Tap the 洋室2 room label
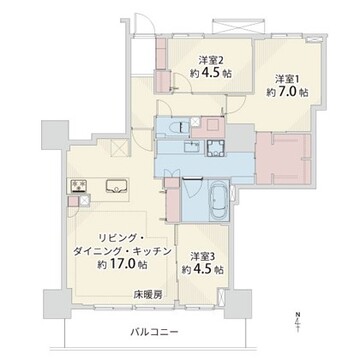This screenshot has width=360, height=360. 211,60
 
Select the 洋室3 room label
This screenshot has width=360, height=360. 202,256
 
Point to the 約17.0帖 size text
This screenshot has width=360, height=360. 123,264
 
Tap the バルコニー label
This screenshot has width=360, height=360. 154,332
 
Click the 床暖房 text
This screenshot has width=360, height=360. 148,295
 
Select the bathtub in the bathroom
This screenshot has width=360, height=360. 218,202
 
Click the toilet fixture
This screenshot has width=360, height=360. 178,127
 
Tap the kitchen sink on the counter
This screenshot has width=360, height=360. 116,186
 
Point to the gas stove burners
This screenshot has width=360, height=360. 79,186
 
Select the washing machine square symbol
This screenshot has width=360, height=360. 216,147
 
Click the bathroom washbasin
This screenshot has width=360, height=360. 192,146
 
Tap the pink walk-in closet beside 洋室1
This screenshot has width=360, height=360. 283,159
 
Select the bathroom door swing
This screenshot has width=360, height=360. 192,189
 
